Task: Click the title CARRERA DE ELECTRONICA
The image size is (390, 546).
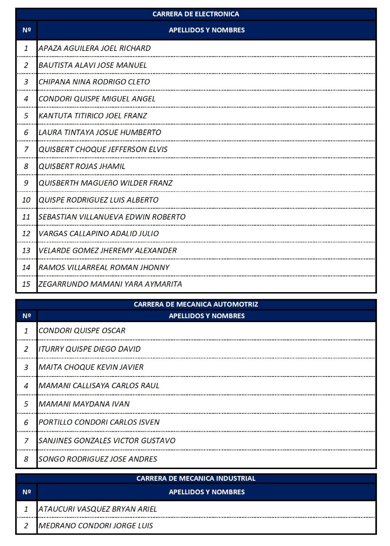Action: click(195, 14)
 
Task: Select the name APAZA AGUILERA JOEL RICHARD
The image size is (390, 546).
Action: click(95, 48)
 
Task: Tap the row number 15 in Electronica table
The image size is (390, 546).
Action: click(26, 284)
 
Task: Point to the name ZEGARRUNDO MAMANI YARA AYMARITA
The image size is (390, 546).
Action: click(110, 284)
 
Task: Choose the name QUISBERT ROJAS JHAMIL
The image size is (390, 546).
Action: click(82, 166)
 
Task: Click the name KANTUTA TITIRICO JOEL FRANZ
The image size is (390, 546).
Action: click(93, 116)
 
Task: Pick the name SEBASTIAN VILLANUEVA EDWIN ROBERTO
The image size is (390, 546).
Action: click(112, 217)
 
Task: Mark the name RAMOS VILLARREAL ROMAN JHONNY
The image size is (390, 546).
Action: click(104, 267)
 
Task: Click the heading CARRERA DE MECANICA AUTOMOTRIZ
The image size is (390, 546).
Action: click(195, 304)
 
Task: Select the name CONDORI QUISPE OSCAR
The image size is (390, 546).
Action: click(82, 331)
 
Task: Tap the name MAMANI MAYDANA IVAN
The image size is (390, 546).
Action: click(84, 404)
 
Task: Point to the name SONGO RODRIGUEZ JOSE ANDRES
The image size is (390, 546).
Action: click(98, 459)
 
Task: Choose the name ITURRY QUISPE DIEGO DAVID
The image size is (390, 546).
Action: click(89, 349)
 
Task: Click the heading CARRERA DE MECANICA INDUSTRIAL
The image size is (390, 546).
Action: click(195, 478)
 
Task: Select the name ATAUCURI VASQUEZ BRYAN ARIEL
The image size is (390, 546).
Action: click(98, 509)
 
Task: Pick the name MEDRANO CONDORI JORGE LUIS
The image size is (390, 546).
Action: click(96, 526)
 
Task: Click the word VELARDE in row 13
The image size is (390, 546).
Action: click(53, 250)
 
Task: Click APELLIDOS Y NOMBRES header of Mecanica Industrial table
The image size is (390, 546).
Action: click(207, 492)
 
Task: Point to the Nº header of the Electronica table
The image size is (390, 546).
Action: click(26, 30)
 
